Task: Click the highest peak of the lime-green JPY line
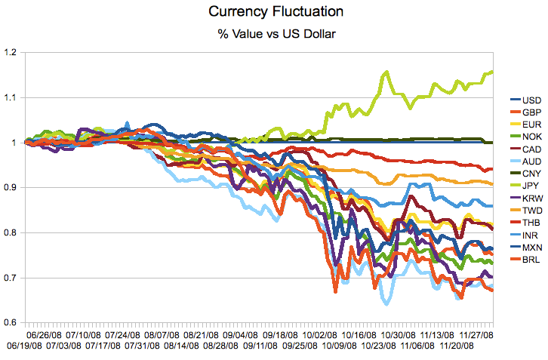(386, 72)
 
